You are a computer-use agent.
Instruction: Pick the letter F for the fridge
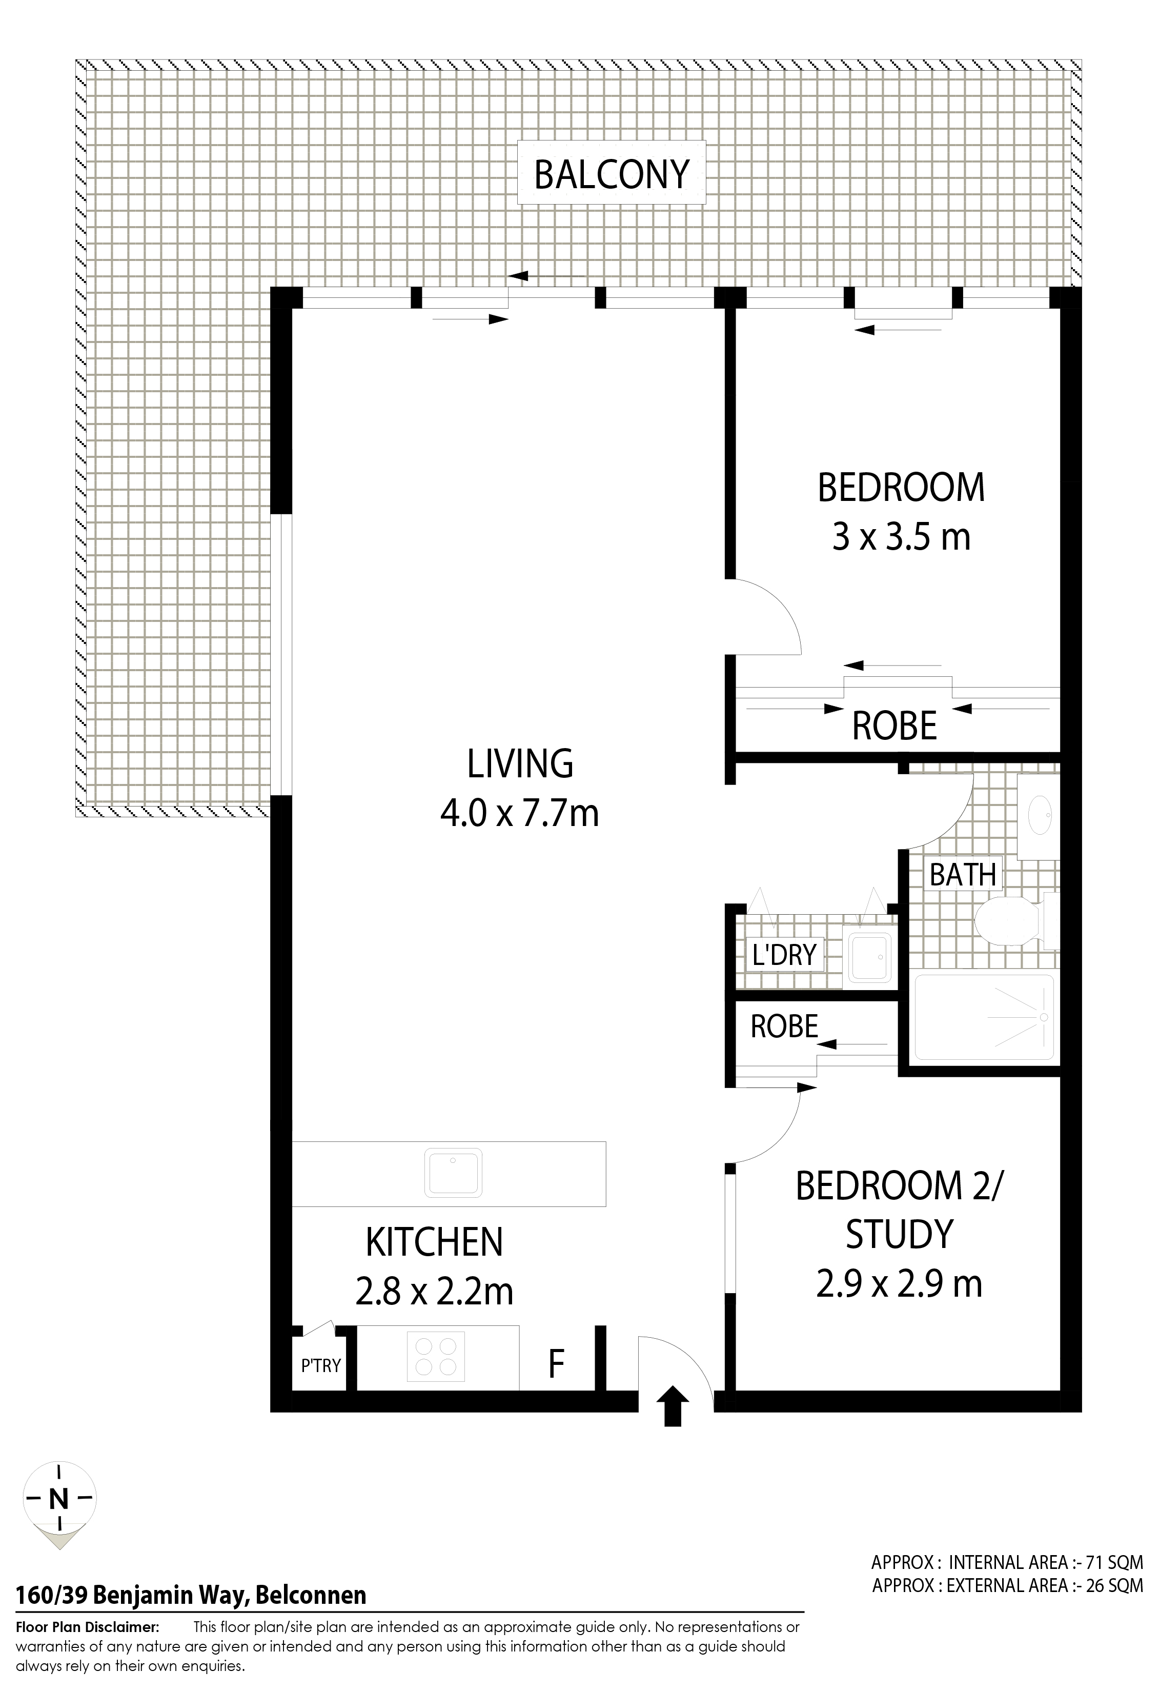[556, 1364]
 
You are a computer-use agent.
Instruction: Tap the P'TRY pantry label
[321, 1365]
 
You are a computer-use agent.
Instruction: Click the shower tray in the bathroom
[984, 1017]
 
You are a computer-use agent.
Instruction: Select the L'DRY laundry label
[784, 955]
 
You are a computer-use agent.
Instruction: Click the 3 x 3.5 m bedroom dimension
[901, 538]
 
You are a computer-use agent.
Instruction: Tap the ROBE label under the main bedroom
[894, 726]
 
